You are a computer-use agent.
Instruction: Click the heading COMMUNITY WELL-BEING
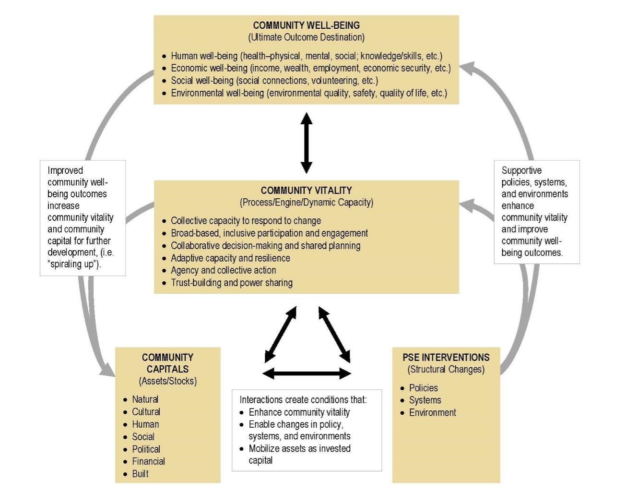pos(306,25)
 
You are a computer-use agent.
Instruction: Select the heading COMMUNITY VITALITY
pos(306,191)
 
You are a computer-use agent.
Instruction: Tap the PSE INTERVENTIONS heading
pos(446,358)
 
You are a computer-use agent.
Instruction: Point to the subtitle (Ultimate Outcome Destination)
pos(306,37)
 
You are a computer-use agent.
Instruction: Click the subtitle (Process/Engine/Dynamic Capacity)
pos(306,203)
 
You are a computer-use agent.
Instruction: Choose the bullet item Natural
pos(145,399)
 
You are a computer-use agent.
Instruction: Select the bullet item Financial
pos(148,461)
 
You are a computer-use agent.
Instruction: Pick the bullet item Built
pos(140,474)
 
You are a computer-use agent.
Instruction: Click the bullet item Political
pos(146,449)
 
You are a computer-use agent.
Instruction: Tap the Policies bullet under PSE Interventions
pos(423,388)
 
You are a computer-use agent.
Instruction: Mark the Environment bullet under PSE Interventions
pos(432,413)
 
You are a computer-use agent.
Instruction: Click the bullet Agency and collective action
pos(223,270)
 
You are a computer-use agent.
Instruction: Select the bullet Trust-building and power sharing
pos(231,283)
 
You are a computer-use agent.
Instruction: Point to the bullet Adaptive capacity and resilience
pos(230,258)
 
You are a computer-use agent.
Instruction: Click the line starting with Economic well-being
pos(310,68)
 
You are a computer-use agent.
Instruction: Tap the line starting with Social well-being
pos(274,81)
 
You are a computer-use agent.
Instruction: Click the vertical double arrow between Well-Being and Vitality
pos(306,143)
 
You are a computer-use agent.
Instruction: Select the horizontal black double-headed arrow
pos(307,373)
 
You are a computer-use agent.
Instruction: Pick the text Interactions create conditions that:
pos(303,400)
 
